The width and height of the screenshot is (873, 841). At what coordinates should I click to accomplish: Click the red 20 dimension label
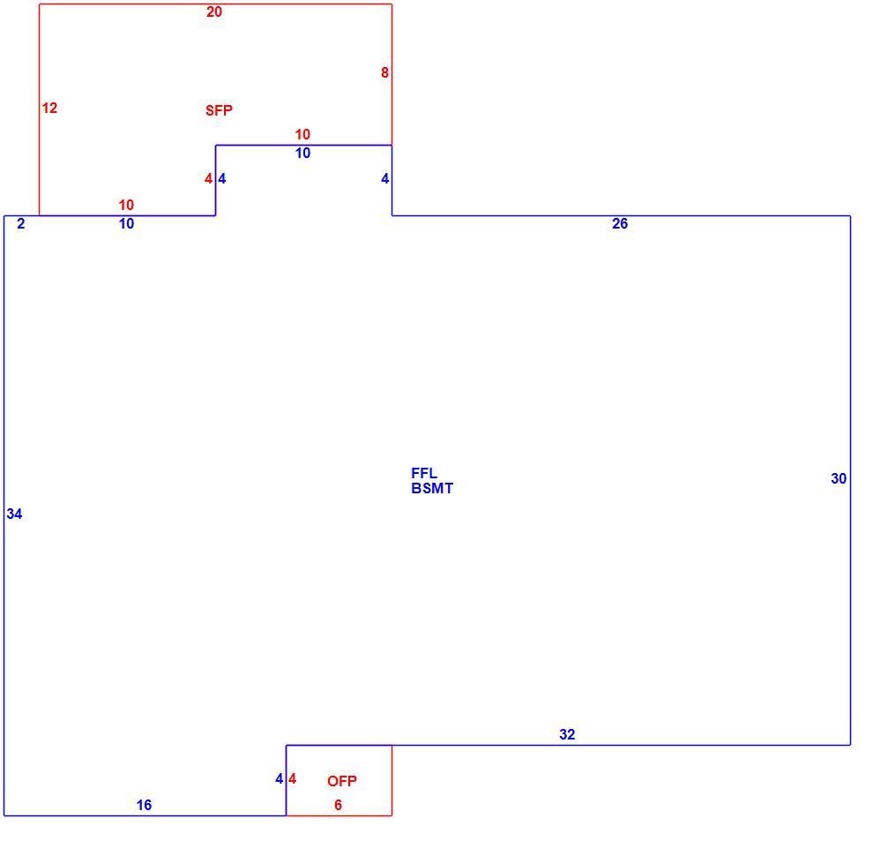(x=214, y=11)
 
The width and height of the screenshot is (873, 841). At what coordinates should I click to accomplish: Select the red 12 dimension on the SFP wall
(x=49, y=109)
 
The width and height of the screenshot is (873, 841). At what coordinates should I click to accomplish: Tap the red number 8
(x=384, y=72)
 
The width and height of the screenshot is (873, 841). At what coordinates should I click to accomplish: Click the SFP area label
(x=219, y=110)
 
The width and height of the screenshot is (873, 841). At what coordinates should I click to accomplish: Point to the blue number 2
(x=21, y=223)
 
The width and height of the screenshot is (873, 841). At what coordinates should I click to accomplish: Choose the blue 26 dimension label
(x=620, y=223)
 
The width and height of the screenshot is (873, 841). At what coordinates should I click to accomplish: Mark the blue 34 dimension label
(x=14, y=514)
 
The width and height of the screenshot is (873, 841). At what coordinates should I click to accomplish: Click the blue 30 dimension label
(x=839, y=478)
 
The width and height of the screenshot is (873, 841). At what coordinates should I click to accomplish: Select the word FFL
(x=424, y=473)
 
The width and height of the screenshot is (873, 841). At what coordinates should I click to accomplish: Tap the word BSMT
(x=432, y=488)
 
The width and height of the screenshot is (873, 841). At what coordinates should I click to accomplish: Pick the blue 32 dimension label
(x=567, y=734)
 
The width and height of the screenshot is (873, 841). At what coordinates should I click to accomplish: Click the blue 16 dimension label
(x=145, y=805)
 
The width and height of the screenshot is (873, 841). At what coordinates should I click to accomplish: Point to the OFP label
(x=342, y=781)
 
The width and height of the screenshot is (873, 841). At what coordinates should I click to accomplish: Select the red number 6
(x=338, y=805)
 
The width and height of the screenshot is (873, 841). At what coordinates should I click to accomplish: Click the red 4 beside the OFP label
(x=292, y=778)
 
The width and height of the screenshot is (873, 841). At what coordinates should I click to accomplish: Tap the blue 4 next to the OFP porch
(x=280, y=778)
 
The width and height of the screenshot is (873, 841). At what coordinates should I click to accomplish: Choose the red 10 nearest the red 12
(x=126, y=205)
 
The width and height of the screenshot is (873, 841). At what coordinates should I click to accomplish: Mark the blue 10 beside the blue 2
(x=126, y=223)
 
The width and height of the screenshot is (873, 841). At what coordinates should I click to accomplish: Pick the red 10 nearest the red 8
(x=302, y=134)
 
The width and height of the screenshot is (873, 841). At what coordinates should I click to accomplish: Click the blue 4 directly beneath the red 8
(x=384, y=178)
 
